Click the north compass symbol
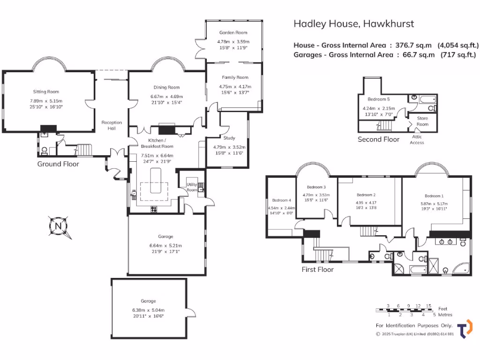coord(58,226)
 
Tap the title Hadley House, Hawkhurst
coord(353,24)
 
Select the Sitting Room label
coord(46,92)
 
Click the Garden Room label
coord(233,33)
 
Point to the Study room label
coord(229,138)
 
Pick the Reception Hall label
coord(112,126)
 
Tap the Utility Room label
coord(192,187)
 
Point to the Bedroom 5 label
coord(378,99)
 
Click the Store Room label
coord(422,121)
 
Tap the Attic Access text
coord(417,140)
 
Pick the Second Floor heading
coord(378,139)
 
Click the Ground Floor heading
coord(58,164)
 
